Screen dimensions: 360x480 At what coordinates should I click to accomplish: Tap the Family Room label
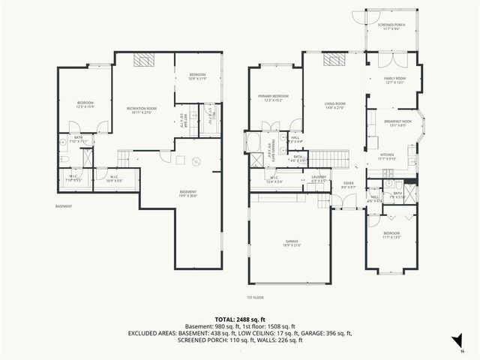394,80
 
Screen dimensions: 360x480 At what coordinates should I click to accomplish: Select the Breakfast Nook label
394,124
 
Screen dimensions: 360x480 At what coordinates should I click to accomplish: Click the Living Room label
334,105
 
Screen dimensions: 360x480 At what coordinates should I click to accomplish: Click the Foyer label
348,184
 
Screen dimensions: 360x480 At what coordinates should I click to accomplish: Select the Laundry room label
318,180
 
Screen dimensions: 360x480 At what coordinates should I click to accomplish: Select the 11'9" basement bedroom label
198,76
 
